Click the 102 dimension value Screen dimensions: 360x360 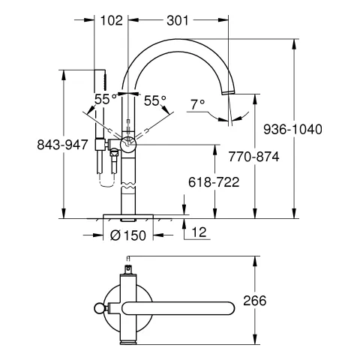pyautogui.click(x=112, y=20)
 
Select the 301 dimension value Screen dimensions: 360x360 pyautogui.click(x=178, y=20)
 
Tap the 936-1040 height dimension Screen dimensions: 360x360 pyautogui.click(x=292, y=130)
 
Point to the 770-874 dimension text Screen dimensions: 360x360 pyautogui.click(x=253, y=157)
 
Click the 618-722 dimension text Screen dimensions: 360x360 pyautogui.click(x=214, y=182)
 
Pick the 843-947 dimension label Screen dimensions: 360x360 pyautogui.click(x=62, y=145)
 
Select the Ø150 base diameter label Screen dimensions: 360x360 pyautogui.click(x=128, y=235)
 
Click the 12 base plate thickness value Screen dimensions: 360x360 pyautogui.click(x=199, y=232)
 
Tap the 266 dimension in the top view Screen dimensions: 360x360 pyautogui.click(x=255, y=301)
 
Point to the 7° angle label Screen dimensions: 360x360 pyautogui.click(x=198, y=104)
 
